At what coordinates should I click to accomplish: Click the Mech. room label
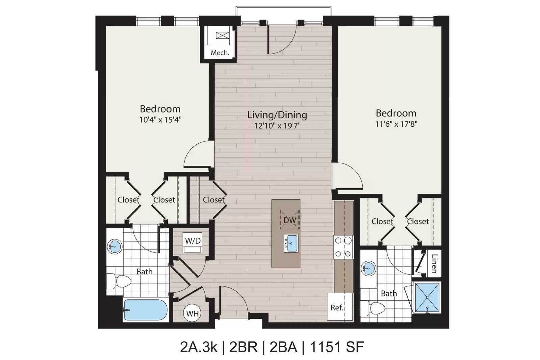(x=220, y=53)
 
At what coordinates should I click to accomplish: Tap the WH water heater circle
(x=192, y=313)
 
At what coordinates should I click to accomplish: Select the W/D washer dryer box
(x=193, y=243)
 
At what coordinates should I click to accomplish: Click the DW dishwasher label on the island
(x=290, y=220)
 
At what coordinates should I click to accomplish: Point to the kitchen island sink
(x=291, y=243)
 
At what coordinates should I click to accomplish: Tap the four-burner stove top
(x=343, y=247)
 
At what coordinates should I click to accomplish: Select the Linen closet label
(x=434, y=264)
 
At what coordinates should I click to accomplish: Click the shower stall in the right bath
(x=427, y=298)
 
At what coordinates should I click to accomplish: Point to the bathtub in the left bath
(x=146, y=310)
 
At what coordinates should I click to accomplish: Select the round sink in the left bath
(x=114, y=247)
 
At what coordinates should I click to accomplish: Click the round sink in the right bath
(x=369, y=268)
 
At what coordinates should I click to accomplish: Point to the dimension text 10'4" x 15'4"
(x=160, y=120)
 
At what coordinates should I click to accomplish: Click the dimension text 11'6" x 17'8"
(x=396, y=124)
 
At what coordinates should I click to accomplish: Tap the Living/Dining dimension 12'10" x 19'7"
(x=277, y=126)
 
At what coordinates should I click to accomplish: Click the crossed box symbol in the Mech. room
(x=222, y=36)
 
